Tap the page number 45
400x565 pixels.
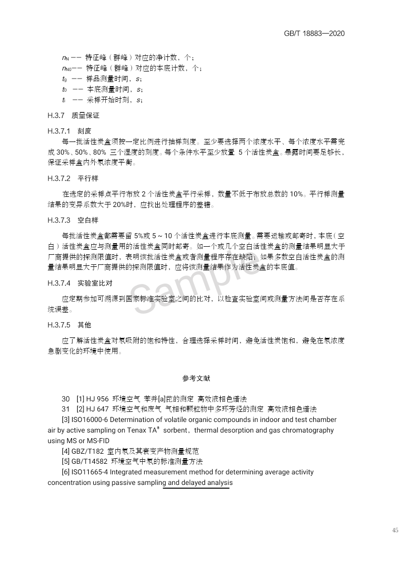pyautogui.click(x=394, y=530)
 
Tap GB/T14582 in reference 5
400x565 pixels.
pyautogui.click(x=90, y=462)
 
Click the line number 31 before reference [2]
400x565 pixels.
pyautogui.click(x=65, y=408)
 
